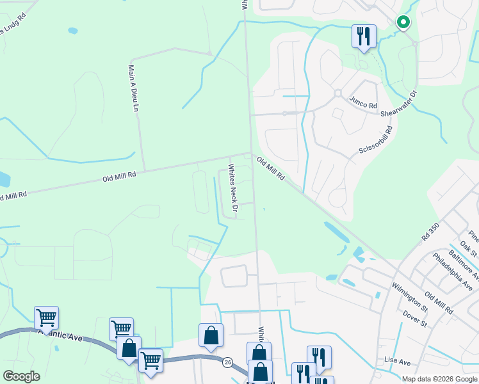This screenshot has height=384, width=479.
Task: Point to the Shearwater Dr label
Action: point(398,104)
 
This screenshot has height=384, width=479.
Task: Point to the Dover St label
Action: point(414,319)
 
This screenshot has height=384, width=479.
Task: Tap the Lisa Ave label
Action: point(397,362)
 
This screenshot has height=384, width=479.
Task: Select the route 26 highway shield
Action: point(227,362)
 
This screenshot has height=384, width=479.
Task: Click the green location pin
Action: point(403,23)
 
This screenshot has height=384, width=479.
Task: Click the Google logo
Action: point(21,376)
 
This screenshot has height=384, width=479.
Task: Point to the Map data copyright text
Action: point(439,379)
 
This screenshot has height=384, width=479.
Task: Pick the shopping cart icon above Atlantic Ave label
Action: point(46,317)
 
